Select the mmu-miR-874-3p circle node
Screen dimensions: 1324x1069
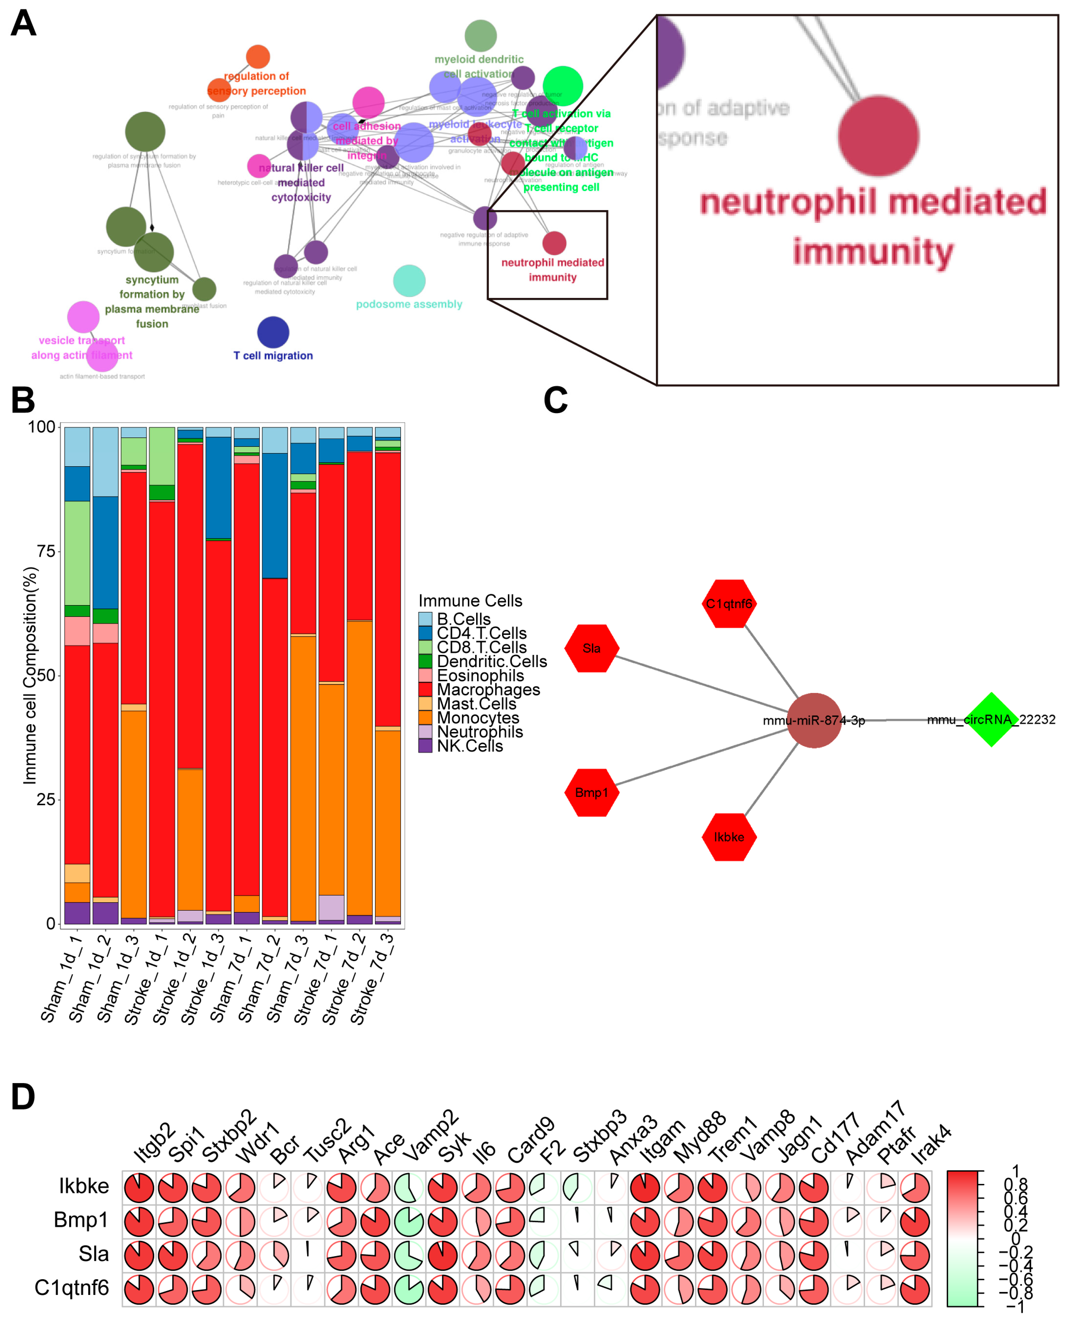coord(814,721)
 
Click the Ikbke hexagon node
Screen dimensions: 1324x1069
coord(729,837)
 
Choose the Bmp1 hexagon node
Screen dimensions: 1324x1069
coord(592,792)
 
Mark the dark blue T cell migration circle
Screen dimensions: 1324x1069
coord(273,333)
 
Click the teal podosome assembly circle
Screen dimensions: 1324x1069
coord(409,281)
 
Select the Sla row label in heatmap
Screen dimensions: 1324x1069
coord(94,1254)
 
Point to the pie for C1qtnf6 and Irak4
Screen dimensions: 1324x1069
coord(914,1289)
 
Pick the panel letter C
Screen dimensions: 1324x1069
coord(555,400)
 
